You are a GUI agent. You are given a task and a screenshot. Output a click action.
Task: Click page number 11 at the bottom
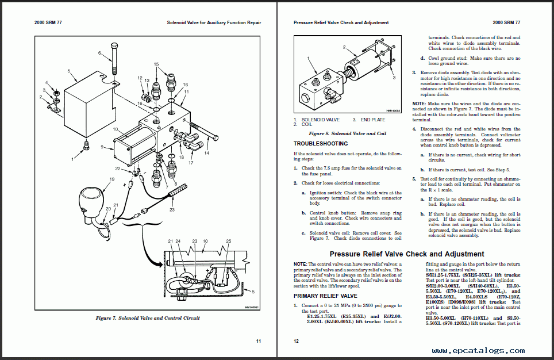click(x=259, y=341)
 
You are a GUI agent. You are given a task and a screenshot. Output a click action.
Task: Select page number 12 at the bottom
click(x=296, y=341)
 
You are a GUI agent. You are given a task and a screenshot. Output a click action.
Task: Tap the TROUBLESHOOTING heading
click(x=320, y=144)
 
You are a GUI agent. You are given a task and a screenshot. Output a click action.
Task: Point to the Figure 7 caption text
click(x=148, y=318)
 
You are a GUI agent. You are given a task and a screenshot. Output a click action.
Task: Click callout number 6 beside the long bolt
click(x=99, y=53)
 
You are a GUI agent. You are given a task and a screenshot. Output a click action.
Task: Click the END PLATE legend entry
click(x=374, y=120)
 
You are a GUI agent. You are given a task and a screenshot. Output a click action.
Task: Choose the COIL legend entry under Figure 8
click(x=306, y=124)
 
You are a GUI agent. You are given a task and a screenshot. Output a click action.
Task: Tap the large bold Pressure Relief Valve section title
click(x=407, y=254)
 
